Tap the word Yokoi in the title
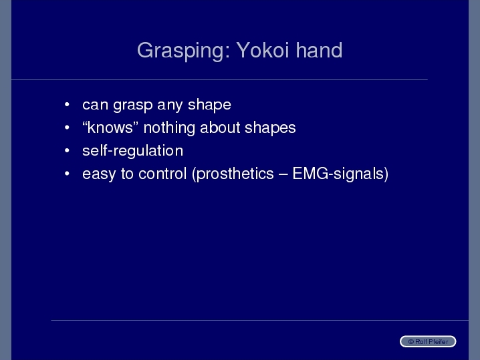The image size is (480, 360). click(263, 50)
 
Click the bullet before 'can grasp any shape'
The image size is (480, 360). click(67, 105)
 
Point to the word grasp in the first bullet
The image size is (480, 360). click(133, 106)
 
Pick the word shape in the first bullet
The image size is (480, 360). click(209, 106)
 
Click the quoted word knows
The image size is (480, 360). click(110, 128)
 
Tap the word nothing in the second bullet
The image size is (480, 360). click(169, 128)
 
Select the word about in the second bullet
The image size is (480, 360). click(220, 128)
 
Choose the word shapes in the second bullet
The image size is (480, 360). click(270, 128)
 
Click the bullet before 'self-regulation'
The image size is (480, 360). click(67, 150)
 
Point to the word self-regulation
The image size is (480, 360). click(133, 152)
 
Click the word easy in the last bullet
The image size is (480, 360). click(99, 174)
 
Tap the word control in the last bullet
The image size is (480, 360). click(162, 174)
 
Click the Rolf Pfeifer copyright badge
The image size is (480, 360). click(428, 341)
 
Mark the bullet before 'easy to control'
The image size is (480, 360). click(67, 174)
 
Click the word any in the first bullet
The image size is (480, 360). click(170, 106)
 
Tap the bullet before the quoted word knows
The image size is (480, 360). click(67, 128)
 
